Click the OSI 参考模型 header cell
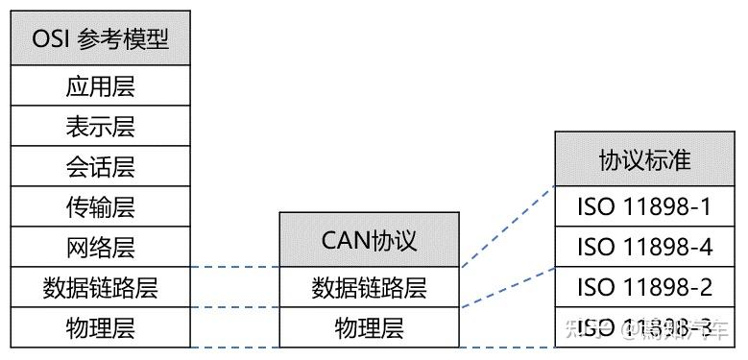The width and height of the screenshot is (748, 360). (101, 39)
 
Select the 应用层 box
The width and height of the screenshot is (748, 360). (101, 86)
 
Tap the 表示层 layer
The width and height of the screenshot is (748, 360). (101, 127)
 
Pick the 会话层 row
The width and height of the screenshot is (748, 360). (101, 167)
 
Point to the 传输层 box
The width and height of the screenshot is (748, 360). (101, 206)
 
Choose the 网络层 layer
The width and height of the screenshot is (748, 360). (101, 247)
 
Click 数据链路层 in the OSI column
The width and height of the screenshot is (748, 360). (101, 287)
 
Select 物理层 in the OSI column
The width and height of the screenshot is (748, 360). (101, 327)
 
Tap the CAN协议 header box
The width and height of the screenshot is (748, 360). (369, 239)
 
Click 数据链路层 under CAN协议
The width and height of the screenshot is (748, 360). (369, 287)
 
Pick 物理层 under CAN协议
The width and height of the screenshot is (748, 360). (369, 327)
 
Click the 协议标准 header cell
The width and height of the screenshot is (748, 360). (644, 159)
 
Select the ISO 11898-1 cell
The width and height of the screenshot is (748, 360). (644, 206)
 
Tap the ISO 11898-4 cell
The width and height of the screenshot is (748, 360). (644, 247)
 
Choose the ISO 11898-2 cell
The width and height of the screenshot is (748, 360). (644, 287)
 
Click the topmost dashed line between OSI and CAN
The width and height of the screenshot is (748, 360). (234, 267)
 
